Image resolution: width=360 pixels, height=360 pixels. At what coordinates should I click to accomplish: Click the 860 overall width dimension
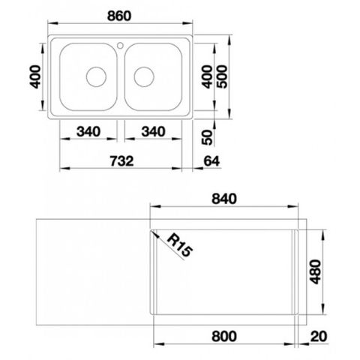[x=119, y=16]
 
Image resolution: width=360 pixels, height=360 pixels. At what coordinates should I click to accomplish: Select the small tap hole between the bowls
[x=120, y=46]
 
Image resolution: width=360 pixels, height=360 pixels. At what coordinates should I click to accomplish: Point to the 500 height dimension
[x=222, y=76]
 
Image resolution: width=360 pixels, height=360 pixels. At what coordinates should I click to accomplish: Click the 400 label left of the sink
[x=35, y=76]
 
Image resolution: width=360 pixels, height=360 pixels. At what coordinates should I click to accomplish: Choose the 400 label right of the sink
[x=207, y=76]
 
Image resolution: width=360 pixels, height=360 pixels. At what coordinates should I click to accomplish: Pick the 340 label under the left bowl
[x=88, y=131]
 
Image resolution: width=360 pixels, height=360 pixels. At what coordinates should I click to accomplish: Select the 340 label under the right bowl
[x=153, y=131]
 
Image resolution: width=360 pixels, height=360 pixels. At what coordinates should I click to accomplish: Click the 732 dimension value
[x=121, y=161]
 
